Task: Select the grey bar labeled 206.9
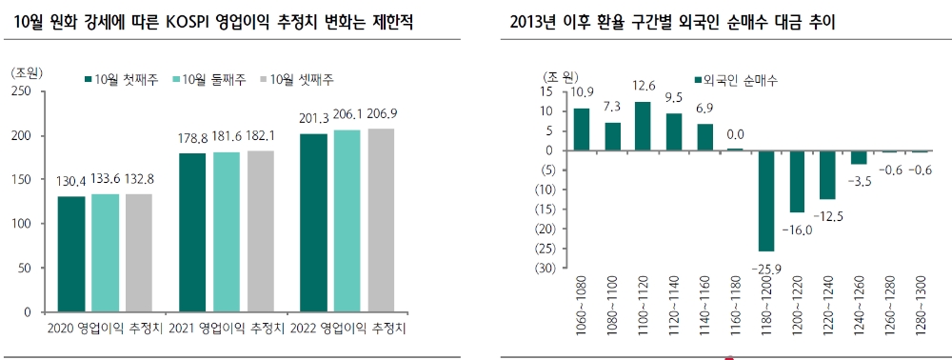pos(381,220)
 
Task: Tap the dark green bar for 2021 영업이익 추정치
pos(192,232)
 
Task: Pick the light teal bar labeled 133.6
pos(107,253)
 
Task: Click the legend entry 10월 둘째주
pos(210,78)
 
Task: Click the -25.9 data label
pos(766,270)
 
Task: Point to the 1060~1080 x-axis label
pos(582,303)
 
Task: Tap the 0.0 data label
pos(736,134)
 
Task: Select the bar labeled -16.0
pos(797,181)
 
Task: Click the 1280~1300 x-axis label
pos(921,303)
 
